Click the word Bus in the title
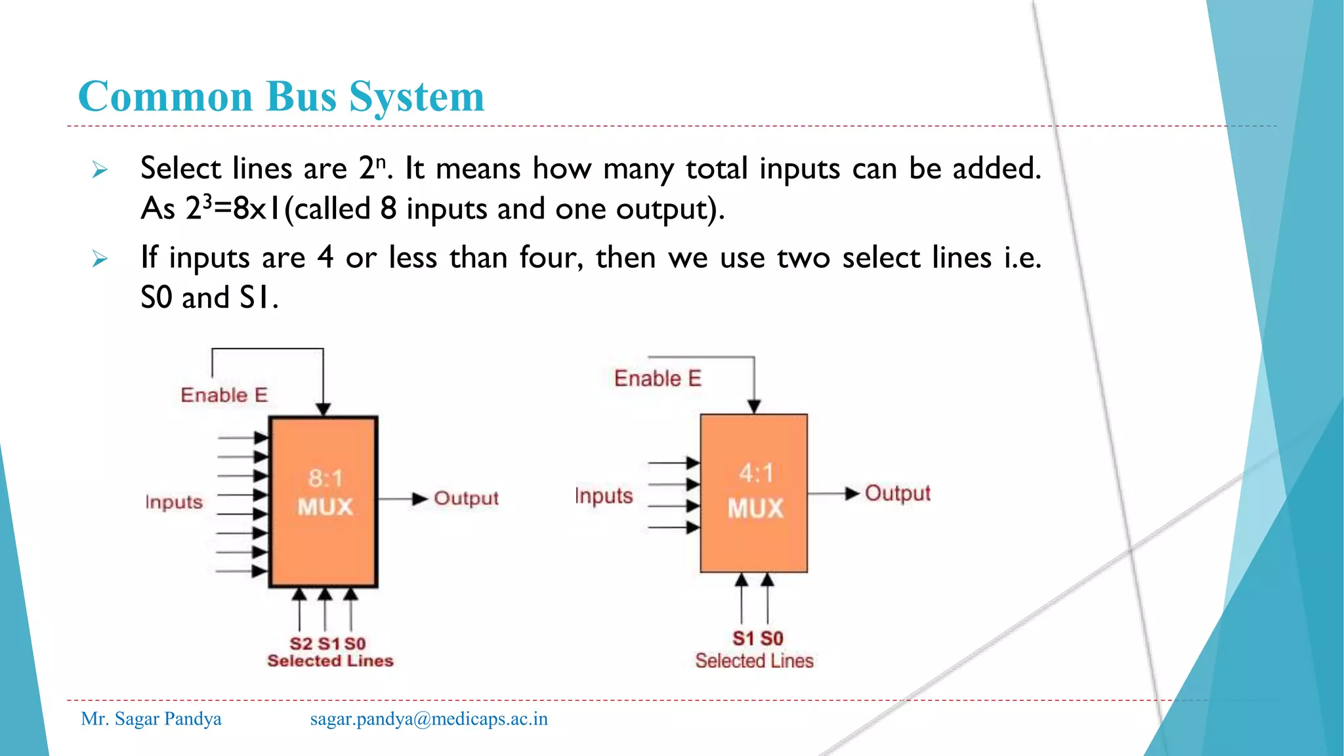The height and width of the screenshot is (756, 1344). tap(303, 96)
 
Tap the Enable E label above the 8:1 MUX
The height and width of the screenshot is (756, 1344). tap(224, 395)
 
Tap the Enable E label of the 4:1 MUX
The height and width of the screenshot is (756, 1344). tap(658, 379)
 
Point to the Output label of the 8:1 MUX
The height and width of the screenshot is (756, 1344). tap(466, 498)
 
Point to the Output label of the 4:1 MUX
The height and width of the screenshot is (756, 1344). tap(897, 493)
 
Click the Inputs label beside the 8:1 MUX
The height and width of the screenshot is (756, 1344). tap(174, 502)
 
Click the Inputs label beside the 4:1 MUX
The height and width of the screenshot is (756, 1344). tap(604, 495)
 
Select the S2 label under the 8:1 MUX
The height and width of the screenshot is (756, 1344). tap(301, 644)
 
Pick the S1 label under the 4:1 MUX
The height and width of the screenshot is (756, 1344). tap(744, 639)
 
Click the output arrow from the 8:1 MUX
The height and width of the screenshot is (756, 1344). tap(404, 499)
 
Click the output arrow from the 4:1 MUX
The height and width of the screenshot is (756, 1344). tap(834, 493)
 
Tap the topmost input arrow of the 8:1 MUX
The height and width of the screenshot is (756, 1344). tap(243, 438)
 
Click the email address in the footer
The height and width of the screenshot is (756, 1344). tap(429, 719)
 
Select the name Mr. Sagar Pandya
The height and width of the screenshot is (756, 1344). tap(151, 719)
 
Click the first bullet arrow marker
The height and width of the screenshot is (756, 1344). tap(100, 171)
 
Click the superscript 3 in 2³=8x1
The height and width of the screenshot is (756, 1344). tap(207, 201)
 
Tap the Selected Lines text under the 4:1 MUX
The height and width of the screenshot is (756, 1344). tap(754, 661)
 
